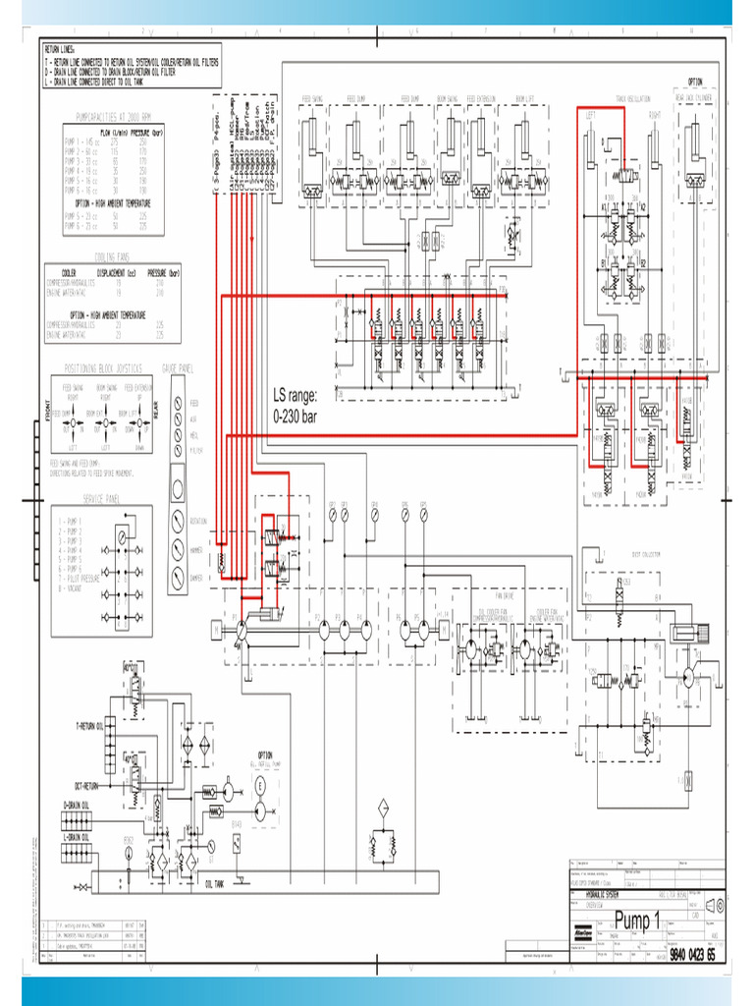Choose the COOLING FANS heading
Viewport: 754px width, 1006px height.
pos(112,255)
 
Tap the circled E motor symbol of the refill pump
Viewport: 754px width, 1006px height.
pos(261,810)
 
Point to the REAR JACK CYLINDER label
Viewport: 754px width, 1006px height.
pos(694,99)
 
